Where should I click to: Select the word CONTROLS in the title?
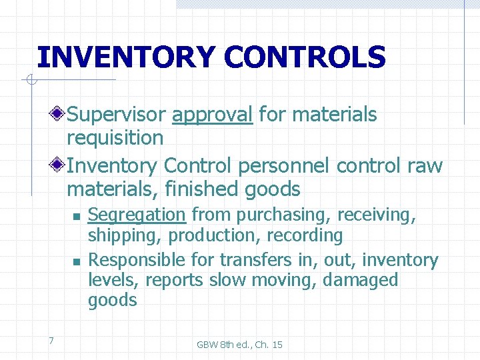pyautogui.click(x=305, y=57)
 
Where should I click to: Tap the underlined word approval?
pyautogui.click(x=212, y=115)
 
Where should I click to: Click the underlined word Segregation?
pyautogui.click(x=137, y=215)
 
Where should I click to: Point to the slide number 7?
pyautogui.click(x=51, y=341)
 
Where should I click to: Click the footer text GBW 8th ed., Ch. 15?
pyautogui.click(x=239, y=344)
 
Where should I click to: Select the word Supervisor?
pyautogui.click(x=116, y=115)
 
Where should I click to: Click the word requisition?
pyautogui.click(x=115, y=139)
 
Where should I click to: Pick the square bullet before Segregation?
pyautogui.click(x=77, y=216)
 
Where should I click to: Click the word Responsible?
pyautogui.click(x=137, y=260)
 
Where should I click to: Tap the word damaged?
pyautogui.click(x=360, y=280)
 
